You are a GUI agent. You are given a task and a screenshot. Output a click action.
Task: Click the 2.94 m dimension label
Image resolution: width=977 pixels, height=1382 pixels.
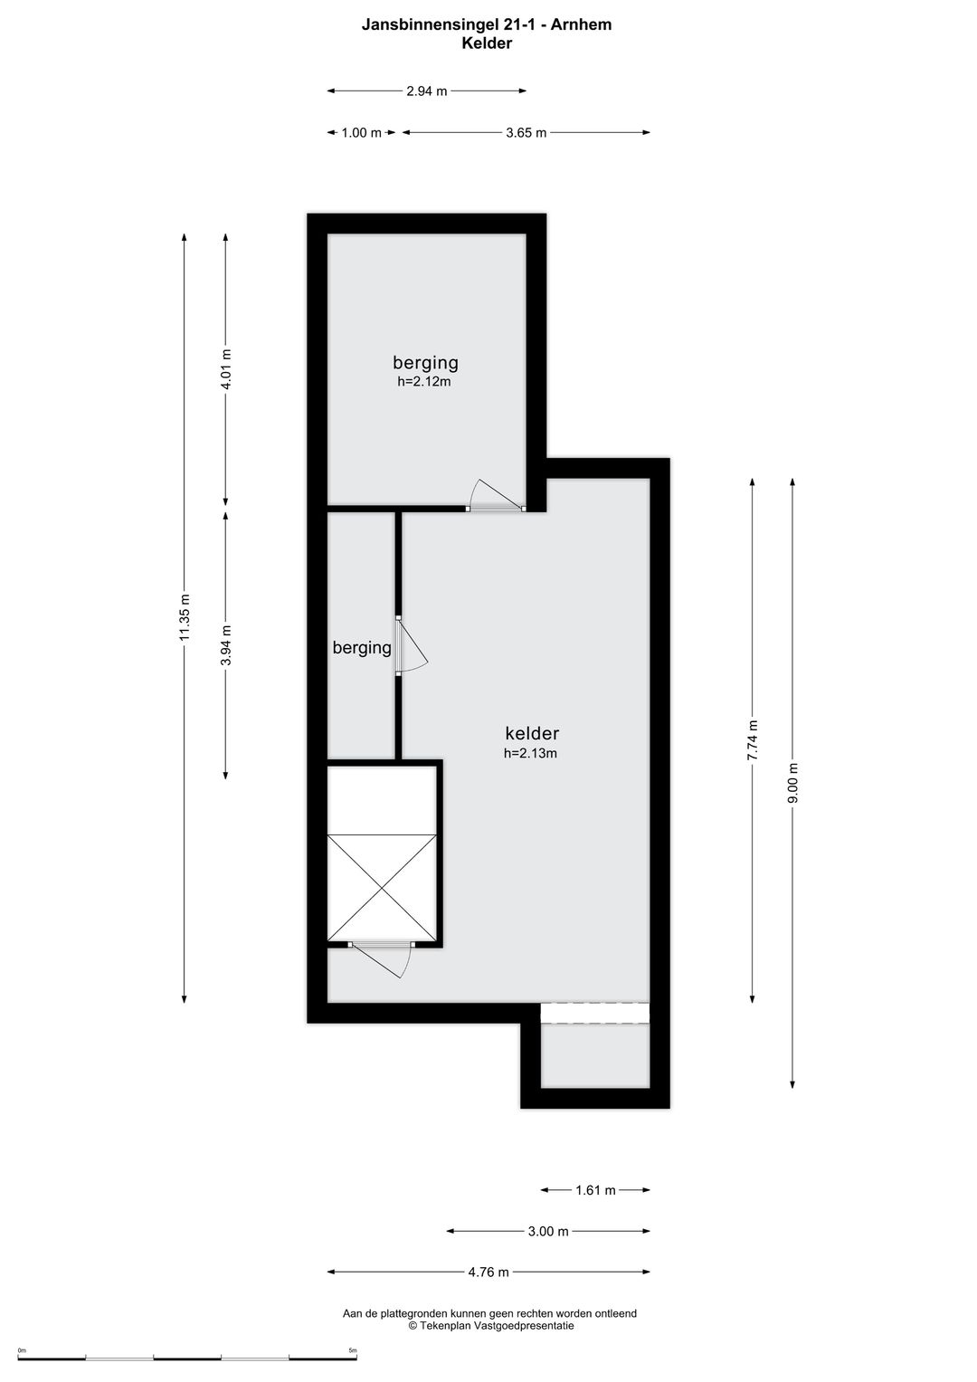[x=426, y=91]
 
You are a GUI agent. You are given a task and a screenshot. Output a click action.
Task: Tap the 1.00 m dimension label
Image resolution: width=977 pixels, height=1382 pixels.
[x=362, y=133]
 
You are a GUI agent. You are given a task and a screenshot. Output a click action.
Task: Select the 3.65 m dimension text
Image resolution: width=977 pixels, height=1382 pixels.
[x=526, y=133]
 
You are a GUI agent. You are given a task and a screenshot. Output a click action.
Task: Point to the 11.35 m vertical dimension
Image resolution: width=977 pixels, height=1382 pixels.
[x=185, y=617]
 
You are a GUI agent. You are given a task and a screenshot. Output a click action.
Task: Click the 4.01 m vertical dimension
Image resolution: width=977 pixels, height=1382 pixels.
[x=226, y=369]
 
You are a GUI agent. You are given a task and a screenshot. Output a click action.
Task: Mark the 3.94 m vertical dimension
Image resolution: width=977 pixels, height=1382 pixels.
[x=226, y=645]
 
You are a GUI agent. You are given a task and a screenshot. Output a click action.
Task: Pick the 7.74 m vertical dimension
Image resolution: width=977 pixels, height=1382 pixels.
[x=753, y=740]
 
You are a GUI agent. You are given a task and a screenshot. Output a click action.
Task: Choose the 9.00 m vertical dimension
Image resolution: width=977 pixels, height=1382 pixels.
[x=793, y=783]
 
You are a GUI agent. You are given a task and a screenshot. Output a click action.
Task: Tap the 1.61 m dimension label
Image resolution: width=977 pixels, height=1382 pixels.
[x=595, y=1190]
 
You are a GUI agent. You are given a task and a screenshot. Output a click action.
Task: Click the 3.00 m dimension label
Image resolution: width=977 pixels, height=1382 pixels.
[x=547, y=1232]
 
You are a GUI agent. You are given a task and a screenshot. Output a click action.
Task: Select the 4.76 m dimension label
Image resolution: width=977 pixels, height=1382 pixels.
[x=488, y=1272]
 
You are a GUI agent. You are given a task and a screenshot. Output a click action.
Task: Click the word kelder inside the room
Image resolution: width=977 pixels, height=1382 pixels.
[x=532, y=733]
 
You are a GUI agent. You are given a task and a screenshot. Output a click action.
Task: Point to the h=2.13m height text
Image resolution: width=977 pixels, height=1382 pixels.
[x=530, y=753]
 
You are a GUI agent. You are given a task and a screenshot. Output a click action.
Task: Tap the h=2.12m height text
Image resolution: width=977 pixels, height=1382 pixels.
[x=424, y=381]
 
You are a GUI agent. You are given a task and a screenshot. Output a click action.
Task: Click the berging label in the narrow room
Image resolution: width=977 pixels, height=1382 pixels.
[x=362, y=648]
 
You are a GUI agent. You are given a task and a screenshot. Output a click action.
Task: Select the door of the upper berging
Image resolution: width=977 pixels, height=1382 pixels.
[x=496, y=495]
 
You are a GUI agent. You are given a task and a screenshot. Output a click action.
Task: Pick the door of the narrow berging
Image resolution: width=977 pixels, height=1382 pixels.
[x=411, y=644]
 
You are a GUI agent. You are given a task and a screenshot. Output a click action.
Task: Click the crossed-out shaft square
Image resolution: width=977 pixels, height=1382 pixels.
[x=382, y=888]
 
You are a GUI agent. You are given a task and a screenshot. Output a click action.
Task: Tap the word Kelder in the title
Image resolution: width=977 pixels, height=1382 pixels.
[x=487, y=43]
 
